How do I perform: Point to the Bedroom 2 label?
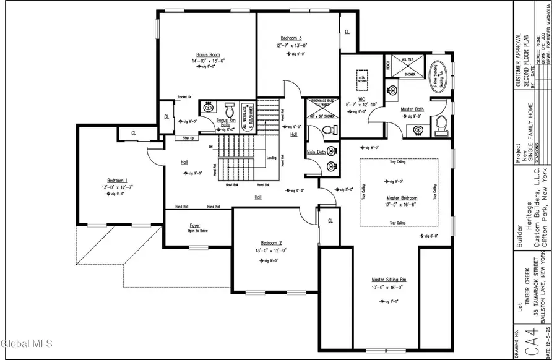272,242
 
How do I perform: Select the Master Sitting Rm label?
388,279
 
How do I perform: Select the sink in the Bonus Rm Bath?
209,106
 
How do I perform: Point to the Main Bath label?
316,152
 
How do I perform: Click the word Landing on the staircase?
270,158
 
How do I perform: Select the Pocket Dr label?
185,97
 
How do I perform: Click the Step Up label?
189,138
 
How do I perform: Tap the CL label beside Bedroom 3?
347,32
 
